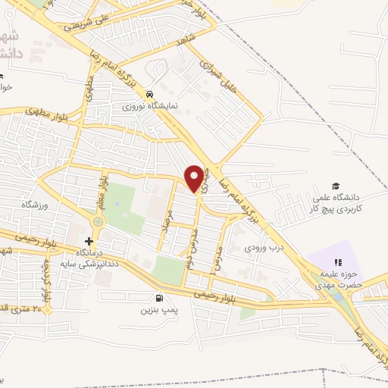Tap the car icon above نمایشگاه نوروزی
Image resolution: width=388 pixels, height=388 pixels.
pyautogui.click(x=150, y=94)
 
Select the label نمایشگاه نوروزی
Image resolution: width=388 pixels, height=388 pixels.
pyautogui.click(x=150, y=106)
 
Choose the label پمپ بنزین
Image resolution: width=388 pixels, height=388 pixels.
pyautogui.click(x=158, y=310)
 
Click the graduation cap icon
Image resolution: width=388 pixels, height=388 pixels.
pyautogui.click(x=334, y=186)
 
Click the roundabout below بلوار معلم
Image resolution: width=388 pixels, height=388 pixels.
pyautogui.click(x=97, y=221)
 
